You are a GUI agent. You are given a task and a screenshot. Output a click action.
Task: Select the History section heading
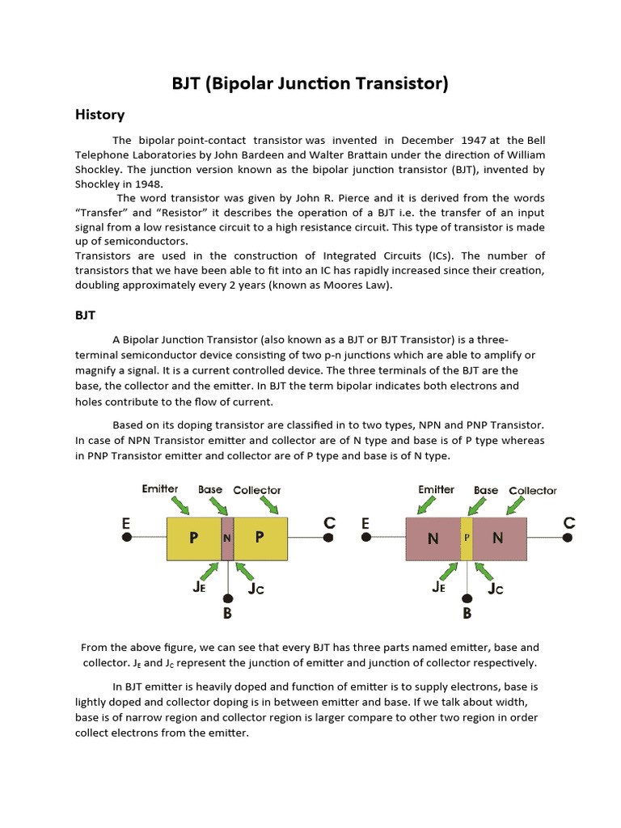point(99,115)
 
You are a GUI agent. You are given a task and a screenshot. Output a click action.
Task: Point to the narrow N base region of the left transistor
point(227,539)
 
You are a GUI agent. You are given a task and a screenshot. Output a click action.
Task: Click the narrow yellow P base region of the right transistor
point(467,539)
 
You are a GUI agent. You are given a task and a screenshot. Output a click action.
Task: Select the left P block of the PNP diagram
point(194,539)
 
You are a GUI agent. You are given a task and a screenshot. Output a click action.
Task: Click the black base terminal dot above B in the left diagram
point(228,598)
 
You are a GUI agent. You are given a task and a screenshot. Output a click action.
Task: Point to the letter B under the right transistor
point(467,614)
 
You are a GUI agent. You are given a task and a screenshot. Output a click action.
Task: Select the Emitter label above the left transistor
point(160,489)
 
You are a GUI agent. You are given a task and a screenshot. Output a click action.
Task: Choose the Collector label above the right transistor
point(533,490)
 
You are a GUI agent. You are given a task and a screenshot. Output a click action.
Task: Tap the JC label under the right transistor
point(495,589)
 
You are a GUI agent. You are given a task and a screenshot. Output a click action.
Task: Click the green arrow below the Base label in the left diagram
point(218,505)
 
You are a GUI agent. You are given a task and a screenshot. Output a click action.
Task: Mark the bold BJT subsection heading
point(87,317)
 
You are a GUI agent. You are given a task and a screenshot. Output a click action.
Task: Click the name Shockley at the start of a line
point(100,184)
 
